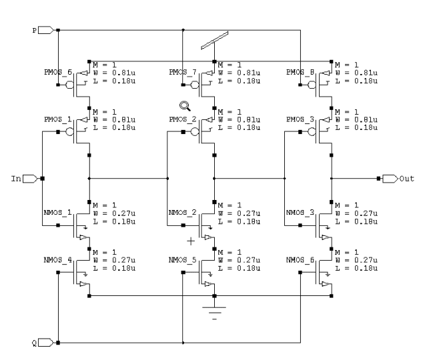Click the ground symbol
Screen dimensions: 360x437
[214, 310]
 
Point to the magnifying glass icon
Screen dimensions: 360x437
[183, 106]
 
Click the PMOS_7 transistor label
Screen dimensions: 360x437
[181, 73]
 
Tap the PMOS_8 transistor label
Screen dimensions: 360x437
[300, 73]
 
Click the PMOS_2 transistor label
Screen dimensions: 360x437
[181, 120]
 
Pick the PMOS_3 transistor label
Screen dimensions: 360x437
[300, 120]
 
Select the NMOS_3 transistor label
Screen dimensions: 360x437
[300, 213]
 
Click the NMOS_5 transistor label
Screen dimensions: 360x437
[181, 261]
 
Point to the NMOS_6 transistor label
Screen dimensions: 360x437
[300, 261]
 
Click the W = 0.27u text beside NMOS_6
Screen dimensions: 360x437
[356, 261]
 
